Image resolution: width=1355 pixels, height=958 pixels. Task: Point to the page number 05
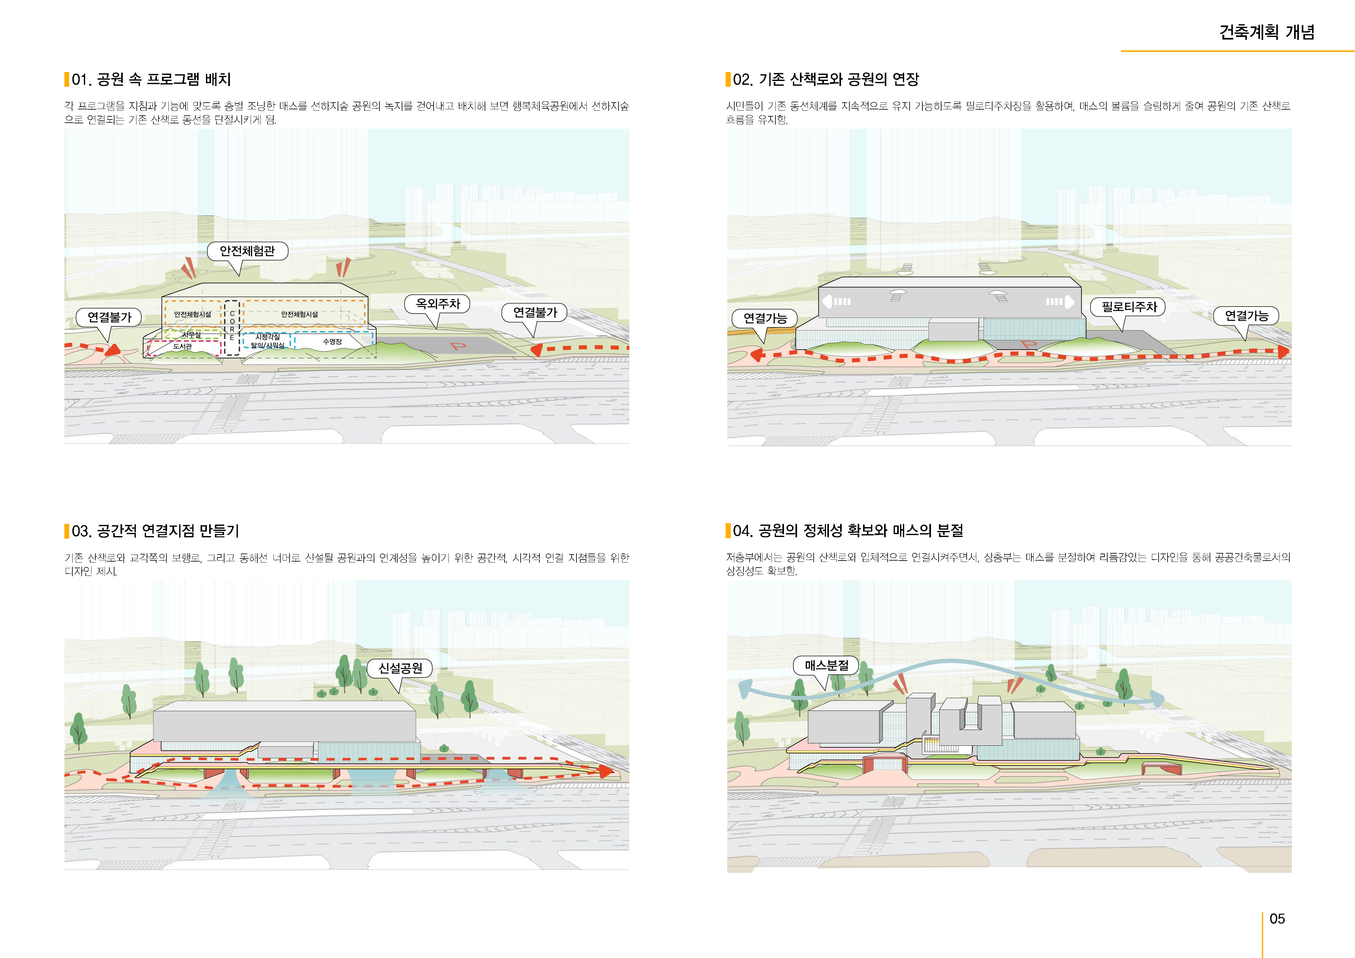pos(1277,918)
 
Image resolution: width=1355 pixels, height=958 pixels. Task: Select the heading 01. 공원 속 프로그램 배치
pos(151,80)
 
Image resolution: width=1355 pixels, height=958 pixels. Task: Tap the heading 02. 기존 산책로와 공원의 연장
pos(826,80)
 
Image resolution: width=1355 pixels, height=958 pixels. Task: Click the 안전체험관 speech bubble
pos(247,251)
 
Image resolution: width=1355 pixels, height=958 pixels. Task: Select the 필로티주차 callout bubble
pos(1129,307)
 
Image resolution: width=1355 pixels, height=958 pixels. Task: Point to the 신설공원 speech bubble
pos(400,668)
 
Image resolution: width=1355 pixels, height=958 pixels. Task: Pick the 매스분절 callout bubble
pos(826,665)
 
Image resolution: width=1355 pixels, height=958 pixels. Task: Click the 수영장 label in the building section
pos(332,342)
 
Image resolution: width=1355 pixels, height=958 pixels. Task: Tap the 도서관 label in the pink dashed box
pos(182,346)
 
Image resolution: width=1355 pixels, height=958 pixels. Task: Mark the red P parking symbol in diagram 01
pos(458,346)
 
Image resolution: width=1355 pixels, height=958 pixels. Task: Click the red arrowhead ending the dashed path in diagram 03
pos(605,770)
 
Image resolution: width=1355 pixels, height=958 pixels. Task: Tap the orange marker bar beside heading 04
pos(728,531)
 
